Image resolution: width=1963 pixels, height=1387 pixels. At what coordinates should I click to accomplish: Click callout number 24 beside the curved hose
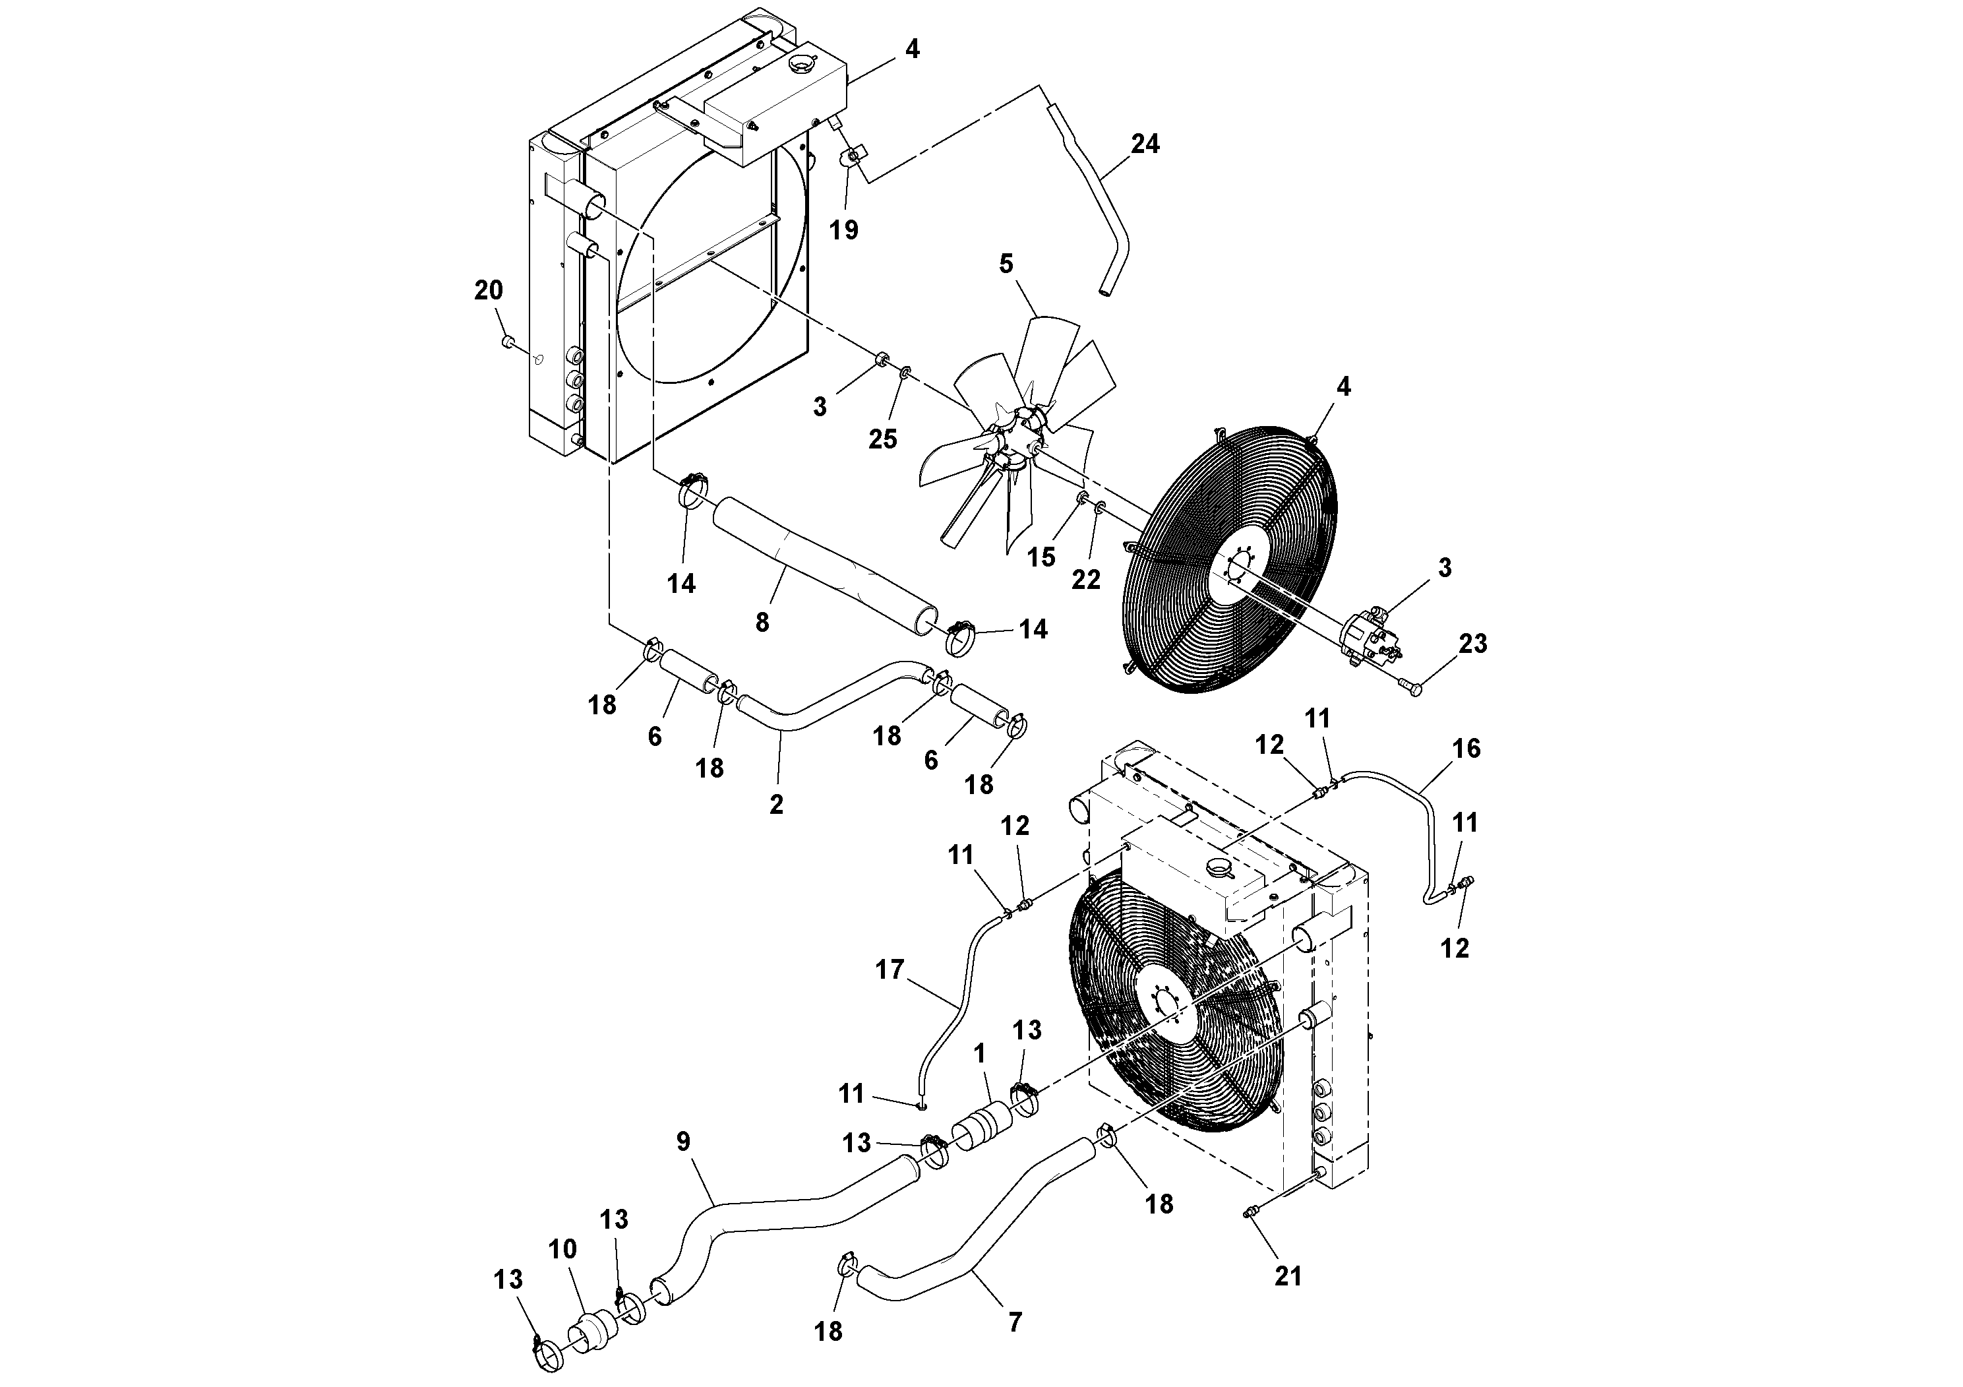pyautogui.click(x=1145, y=144)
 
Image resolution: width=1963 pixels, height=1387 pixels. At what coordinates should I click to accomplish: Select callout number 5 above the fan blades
pyautogui.click(x=1006, y=264)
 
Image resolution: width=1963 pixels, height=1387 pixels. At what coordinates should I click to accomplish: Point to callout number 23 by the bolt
pyautogui.click(x=1473, y=643)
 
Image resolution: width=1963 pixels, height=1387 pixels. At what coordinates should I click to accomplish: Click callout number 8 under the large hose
pyautogui.click(x=762, y=622)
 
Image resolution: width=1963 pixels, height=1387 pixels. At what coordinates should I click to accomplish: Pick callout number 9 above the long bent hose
pyautogui.click(x=682, y=1142)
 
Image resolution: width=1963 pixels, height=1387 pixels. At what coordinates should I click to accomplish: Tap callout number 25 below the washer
pyautogui.click(x=883, y=439)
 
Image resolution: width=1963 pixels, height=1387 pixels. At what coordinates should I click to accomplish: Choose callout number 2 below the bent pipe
pyautogui.click(x=775, y=804)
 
